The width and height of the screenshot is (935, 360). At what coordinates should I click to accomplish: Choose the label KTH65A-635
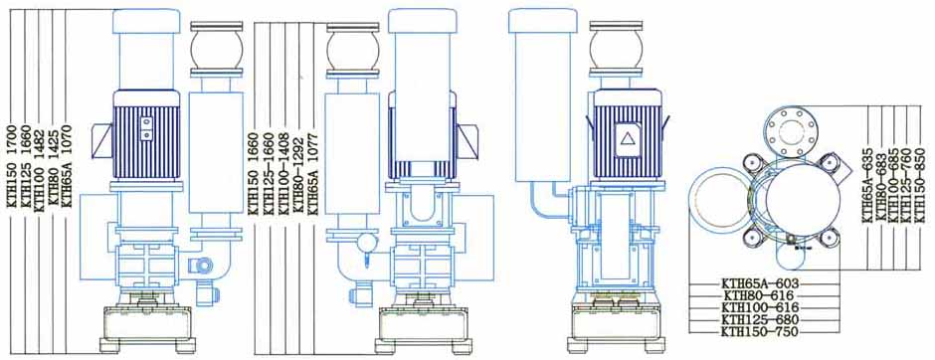[868, 187]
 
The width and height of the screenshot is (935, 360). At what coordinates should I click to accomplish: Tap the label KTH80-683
[882, 186]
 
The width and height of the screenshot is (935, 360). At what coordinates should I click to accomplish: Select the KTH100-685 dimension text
[895, 185]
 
